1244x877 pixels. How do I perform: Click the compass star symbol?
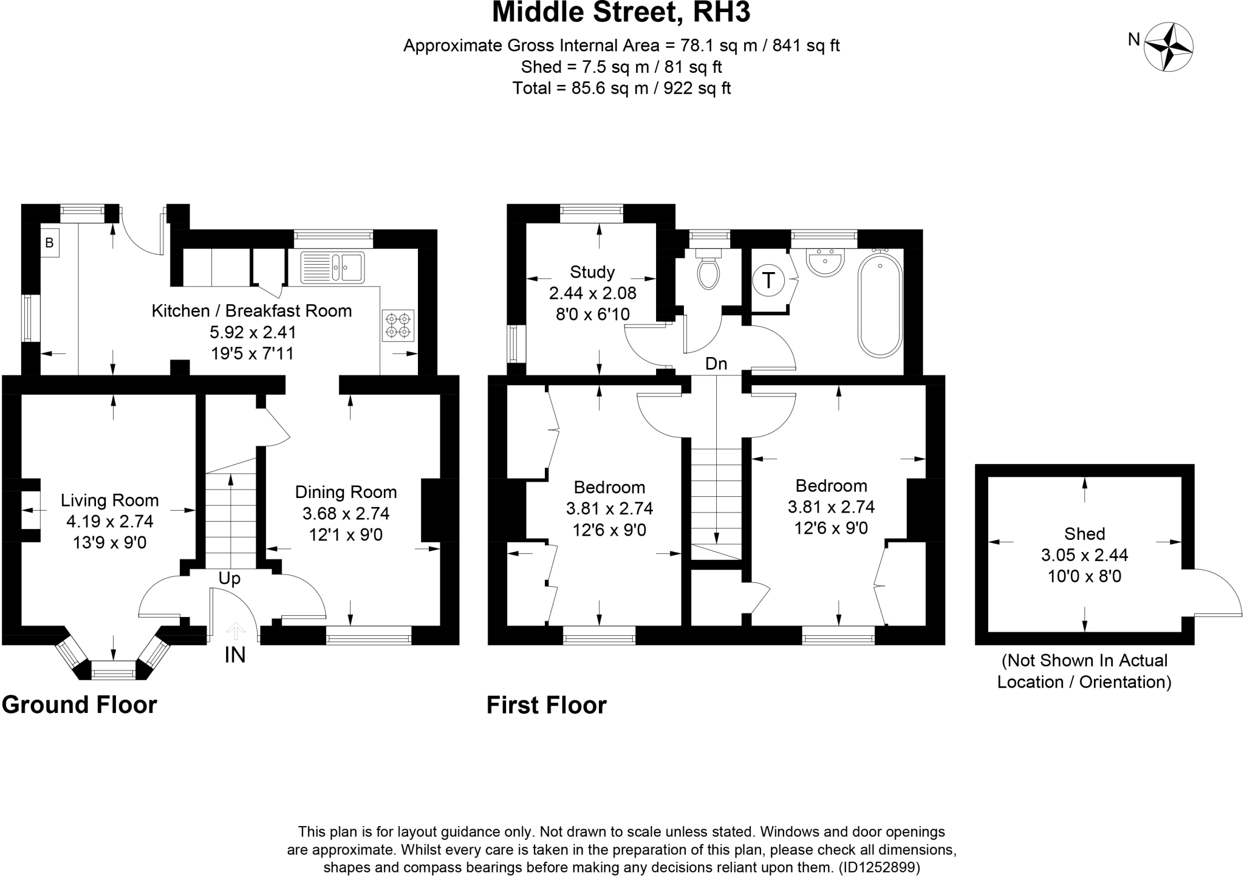pyautogui.click(x=1168, y=47)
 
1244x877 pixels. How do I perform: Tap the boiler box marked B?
pyautogui.click(x=50, y=243)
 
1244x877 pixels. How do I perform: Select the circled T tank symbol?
pyautogui.click(x=768, y=281)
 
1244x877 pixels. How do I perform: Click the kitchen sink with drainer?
pyautogui.click(x=332, y=267)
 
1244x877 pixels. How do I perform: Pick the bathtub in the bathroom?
pyautogui.click(x=880, y=305)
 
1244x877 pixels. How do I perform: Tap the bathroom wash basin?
pyautogui.click(x=824, y=262)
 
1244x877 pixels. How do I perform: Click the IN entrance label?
pyautogui.click(x=235, y=655)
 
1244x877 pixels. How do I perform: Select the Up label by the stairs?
pyautogui.click(x=230, y=579)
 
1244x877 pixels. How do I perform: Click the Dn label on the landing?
pyautogui.click(x=716, y=364)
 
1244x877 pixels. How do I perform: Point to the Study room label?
pyautogui.click(x=592, y=272)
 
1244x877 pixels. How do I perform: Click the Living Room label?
pyautogui.click(x=110, y=500)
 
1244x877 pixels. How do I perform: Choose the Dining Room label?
pyautogui.click(x=346, y=492)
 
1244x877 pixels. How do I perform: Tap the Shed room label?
pyautogui.click(x=1084, y=534)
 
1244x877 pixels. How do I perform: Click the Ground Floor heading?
pyautogui.click(x=80, y=705)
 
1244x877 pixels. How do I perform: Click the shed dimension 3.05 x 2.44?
pyautogui.click(x=1084, y=555)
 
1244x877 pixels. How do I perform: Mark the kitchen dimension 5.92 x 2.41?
pyautogui.click(x=253, y=332)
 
